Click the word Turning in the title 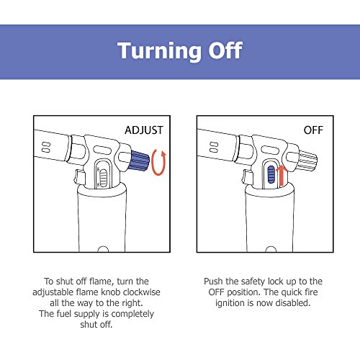[x=160, y=51]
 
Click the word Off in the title [x=225, y=50]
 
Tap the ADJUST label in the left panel [x=144, y=130]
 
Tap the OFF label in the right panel [x=313, y=130]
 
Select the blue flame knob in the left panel [x=139, y=161]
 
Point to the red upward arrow [x=282, y=176]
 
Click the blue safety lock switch [x=271, y=174]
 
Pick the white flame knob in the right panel [x=307, y=161]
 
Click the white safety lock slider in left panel [x=103, y=178]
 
